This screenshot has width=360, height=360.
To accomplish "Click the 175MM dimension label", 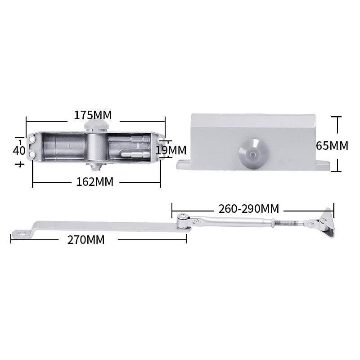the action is (x=93, y=115).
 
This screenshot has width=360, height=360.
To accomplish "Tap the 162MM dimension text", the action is (x=95, y=182).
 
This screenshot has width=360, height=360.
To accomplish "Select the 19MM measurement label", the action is (x=171, y=150).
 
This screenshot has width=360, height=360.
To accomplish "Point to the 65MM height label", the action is (x=332, y=145).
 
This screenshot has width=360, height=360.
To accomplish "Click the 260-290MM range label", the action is (x=249, y=209).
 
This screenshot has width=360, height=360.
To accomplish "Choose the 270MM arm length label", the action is (x=86, y=240).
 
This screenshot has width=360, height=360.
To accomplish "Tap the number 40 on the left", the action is (x=19, y=151).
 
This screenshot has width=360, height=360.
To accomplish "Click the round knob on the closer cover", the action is (x=253, y=154).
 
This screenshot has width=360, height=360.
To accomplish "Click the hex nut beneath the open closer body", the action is (x=96, y=166).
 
